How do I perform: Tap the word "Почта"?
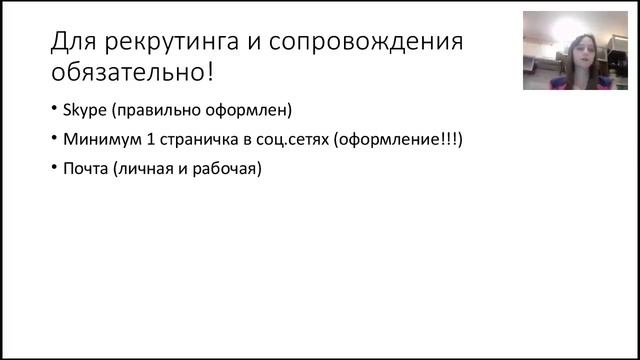pos(85,169)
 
